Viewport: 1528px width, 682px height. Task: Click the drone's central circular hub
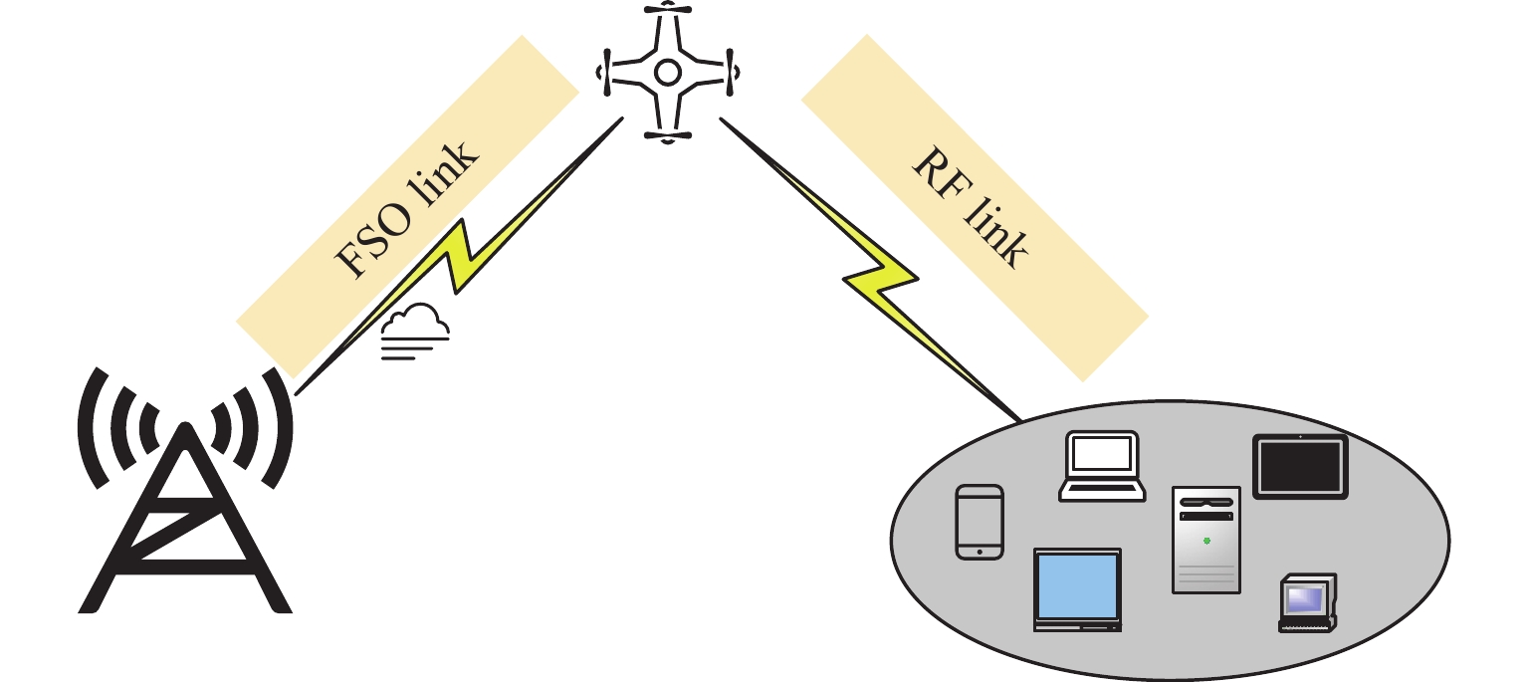click(x=667, y=72)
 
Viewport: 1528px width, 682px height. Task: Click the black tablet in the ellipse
click(x=1300, y=466)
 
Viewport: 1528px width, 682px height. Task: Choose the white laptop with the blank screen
click(x=1101, y=465)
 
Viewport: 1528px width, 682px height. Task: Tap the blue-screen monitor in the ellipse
click(x=1078, y=588)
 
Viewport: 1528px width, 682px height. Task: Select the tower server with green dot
click(x=1206, y=540)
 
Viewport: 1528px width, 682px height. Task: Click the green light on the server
click(x=1206, y=541)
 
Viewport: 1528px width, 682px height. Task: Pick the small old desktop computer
click(x=1307, y=602)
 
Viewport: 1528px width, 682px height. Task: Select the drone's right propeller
click(x=732, y=72)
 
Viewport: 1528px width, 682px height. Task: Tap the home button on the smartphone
click(x=980, y=551)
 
